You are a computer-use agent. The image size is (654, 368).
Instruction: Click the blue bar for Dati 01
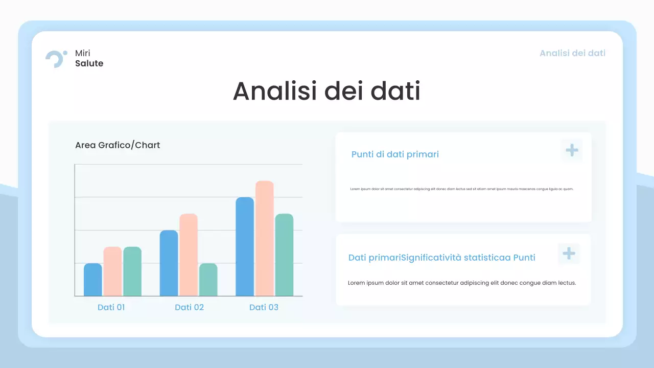click(x=92, y=280)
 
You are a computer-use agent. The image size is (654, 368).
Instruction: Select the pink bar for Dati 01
click(x=112, y=271)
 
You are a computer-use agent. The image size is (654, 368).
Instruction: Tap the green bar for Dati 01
click(x=132, y=271)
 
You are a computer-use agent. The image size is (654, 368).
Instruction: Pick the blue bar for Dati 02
click(x=169, y=263)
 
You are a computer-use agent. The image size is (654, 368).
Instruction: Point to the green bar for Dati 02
click(x=208, y=280)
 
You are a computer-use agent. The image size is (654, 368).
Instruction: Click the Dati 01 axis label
click(x=111, y=307)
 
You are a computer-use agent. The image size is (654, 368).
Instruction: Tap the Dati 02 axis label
click(x=189, y=307)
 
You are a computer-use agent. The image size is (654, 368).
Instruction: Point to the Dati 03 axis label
click(x=264, y=307)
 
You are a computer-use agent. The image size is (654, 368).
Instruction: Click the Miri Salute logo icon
click(x=56, y=58)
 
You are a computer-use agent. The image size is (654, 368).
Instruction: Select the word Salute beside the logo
click(x=89, y=63)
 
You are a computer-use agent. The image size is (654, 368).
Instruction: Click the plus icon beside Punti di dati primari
click(x=572, y=150)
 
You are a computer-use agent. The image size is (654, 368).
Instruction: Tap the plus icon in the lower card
click(x=569, y=254)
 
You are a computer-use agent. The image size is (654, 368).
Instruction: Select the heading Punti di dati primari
click(x=395, y=154)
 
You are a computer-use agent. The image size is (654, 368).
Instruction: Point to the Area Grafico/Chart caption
click(x=118, y=145)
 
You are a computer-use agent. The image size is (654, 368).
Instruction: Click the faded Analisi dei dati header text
click(x=572, y=53)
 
